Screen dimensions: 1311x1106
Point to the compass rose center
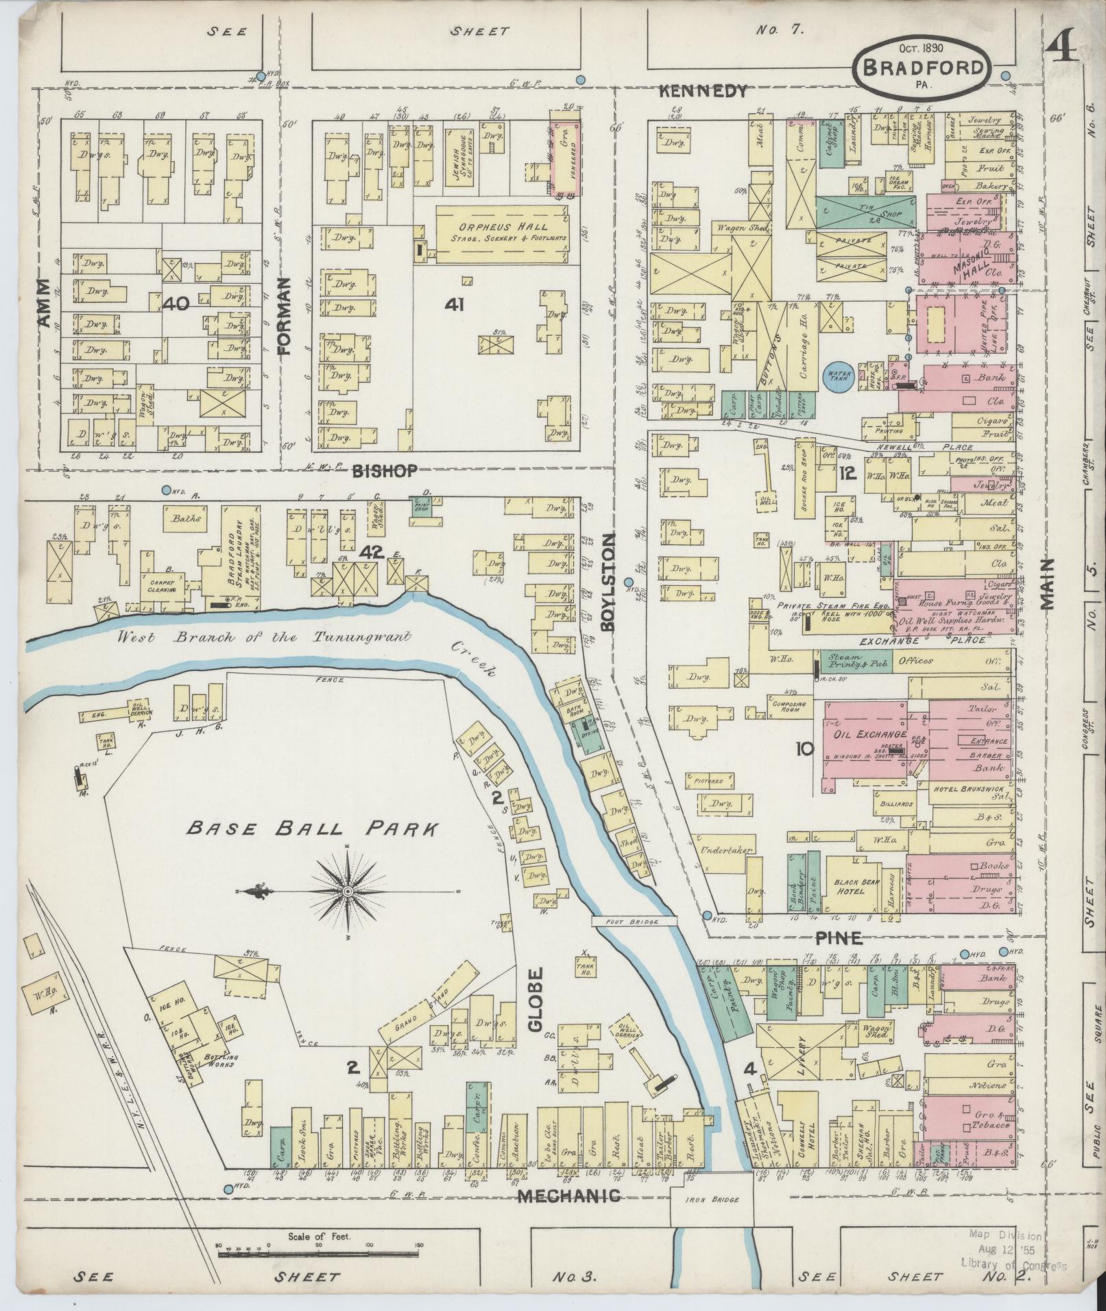(x=348, y=891)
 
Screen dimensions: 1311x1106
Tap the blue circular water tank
(x=837, y=376)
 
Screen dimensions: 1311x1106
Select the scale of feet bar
(x=319, y=1254)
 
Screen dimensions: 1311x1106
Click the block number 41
(x=454, y=304)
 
